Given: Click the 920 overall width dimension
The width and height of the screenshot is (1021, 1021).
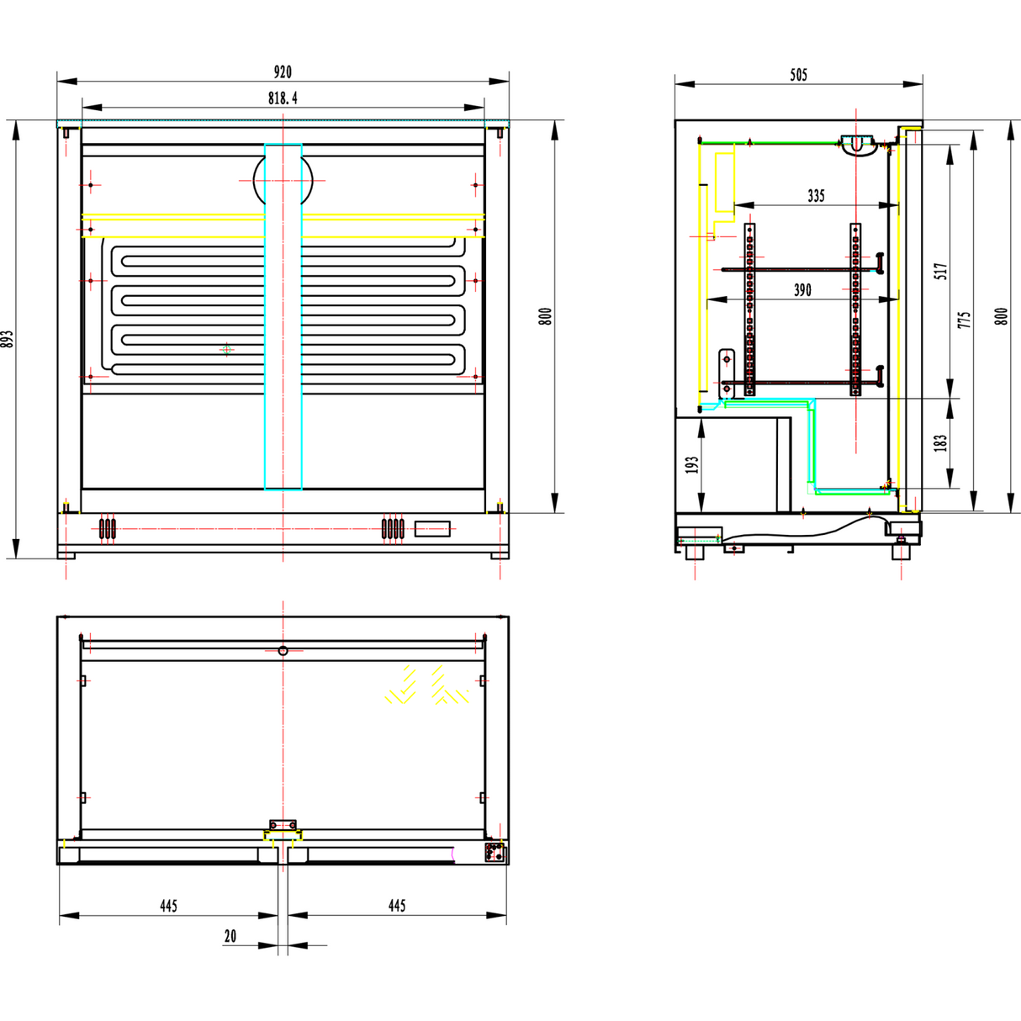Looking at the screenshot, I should (x=283, y=72).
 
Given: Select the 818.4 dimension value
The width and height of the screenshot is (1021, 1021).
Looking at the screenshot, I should (x=283, y=98).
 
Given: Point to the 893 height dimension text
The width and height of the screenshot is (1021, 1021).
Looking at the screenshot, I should (x=8, y=339).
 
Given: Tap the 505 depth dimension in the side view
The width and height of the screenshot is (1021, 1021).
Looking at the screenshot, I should (x=798, y=75).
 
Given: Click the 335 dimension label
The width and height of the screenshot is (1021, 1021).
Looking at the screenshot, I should (x=816, y=196).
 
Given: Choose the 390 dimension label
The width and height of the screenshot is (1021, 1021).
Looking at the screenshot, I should (x=802, y=290).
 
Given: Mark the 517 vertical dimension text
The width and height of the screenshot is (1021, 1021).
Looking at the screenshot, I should (x=941, y=271).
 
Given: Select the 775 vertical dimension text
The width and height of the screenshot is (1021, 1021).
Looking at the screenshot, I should (x=965, y=320).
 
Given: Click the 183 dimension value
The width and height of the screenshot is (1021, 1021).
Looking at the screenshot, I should (x=941, y=442).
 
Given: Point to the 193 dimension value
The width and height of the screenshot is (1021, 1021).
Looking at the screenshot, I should (x=692, y=465).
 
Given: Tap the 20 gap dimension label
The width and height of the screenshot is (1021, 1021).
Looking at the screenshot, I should (x=230, y=936).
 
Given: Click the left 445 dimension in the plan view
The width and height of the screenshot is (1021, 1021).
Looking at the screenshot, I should (x=168, y=906).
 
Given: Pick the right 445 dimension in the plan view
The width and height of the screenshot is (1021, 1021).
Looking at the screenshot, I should (x=397, y=906).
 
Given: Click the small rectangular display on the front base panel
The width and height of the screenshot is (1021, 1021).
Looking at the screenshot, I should (x=432, y=529).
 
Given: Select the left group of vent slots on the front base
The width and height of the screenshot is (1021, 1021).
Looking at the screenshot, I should (x=108, y=529).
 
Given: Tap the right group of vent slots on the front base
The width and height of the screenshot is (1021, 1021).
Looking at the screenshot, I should (x=393, y=529).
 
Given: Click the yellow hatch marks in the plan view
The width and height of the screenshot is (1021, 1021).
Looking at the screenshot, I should (x=426, y=685).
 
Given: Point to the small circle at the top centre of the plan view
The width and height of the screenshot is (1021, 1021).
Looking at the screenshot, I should (x=283, y=651).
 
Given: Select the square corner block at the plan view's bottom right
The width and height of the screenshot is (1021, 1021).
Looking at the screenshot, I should (x=495, y=852).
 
